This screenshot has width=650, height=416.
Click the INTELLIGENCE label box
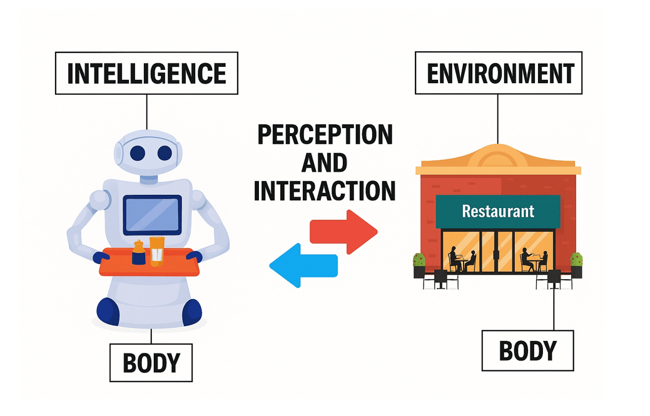[146, 73]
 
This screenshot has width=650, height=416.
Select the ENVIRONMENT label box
[498, 73]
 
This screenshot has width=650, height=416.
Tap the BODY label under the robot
[151, 363]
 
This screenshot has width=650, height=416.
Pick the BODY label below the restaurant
[528, 350]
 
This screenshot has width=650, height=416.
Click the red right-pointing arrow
[343, 232]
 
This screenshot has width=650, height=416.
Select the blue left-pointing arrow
[303, 265]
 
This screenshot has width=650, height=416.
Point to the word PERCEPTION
[325, 134]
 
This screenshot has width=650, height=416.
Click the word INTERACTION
[325, 191]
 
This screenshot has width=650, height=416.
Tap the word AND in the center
[324, 162]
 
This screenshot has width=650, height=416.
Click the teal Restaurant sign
[498, 212]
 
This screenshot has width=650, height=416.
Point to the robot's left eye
[138, 153]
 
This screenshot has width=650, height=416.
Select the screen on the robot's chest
[152, 214]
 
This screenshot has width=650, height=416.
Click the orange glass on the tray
[156, 251]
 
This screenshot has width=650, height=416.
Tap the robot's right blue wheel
[192, 312]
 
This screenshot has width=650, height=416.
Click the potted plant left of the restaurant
[419, 265]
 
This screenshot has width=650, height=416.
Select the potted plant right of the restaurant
[576, 265]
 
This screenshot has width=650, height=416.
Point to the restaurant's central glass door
[497, 251]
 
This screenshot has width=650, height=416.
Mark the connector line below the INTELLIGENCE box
[147, 112]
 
